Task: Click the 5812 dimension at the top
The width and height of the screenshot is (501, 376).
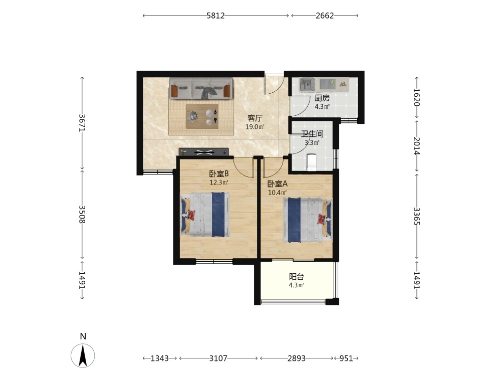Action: (x=215, y=16)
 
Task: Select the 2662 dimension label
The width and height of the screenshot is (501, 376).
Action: (x=325, y=16)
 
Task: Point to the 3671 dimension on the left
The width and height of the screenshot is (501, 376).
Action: (x=82, y=123)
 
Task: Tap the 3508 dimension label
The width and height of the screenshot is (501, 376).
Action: (x=82, y=214)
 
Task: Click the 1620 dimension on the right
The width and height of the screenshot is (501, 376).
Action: (x=417, y=97)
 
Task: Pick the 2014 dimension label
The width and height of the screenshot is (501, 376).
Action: (x=417, y=145)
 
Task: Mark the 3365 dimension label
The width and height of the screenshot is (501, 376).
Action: (x=417, y=216)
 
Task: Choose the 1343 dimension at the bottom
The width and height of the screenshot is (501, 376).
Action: (x=159, y=358)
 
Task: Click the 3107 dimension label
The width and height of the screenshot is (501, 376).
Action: (x=218, y=358)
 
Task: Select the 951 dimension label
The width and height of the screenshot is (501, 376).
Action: (x=346, y=358)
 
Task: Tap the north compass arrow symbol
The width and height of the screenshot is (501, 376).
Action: (x=83, y=355)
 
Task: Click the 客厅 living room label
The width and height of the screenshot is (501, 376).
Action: (x=255, y=118)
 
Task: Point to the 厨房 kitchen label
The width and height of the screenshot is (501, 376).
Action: (x=322, y=98)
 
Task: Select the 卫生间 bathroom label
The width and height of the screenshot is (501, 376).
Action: (x=312, y=134)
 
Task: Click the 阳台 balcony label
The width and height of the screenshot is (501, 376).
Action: (x=297, y=277)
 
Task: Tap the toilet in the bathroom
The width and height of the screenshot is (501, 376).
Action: (x=311, y=161)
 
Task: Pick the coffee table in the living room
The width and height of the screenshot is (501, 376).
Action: (x=202, y=116)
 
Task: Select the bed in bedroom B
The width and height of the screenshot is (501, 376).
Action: (x=205, y=214)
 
